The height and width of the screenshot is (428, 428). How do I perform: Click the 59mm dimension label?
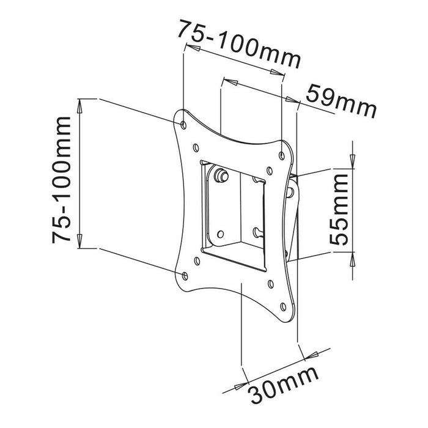coord(340,101)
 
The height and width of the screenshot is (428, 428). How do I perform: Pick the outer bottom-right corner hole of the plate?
coord(282,306)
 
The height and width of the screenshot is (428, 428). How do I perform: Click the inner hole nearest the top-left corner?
coord(195,147)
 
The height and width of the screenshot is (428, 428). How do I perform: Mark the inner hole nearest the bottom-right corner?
coord(269,283)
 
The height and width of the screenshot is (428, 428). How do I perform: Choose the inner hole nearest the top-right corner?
coord(269,171)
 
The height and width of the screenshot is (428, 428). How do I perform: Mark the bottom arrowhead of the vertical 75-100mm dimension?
coord(79,242)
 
